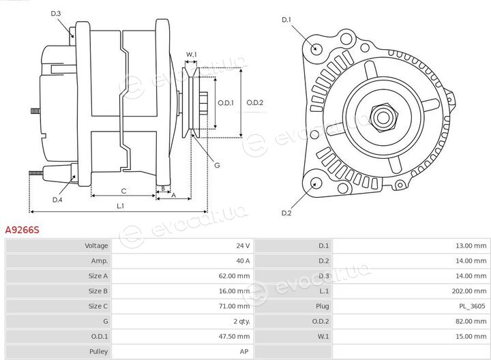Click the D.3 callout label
pyautogui.click(x=56, y=14)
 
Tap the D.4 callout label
pyautogui.click(x=57, y=200)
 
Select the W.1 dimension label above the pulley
pyautogui.click(x=192, y=55)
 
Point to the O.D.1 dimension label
pyautogui.click(x=226, y=103)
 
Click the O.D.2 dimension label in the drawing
pyautogui.click(x=255, y=103)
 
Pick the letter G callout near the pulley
pyautogui.click(x=217, y=165)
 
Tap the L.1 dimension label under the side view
pyautogui.click(x=121, y=206)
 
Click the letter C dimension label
pyautogui.click(x=123, y=191)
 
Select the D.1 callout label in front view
pyautogui.click(x=286, y=20)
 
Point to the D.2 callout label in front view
pyautogui.click(x=286, y=213)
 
